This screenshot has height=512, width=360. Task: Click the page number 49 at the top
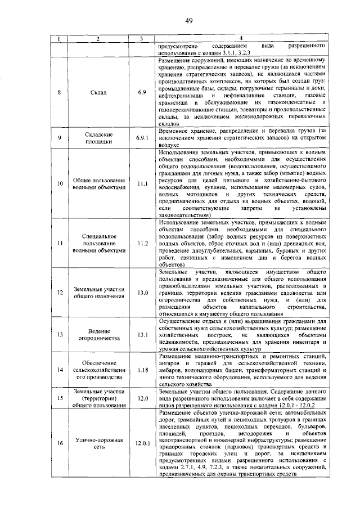click(189, 21)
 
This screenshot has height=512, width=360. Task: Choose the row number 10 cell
click(60, 183)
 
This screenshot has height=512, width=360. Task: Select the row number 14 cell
click(60, 370)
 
